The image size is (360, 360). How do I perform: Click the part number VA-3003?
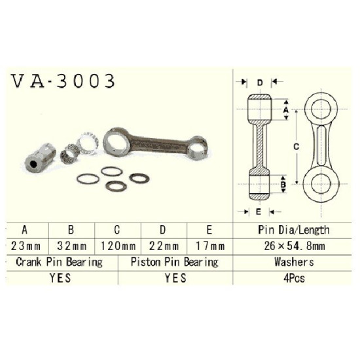[x=63, y=81]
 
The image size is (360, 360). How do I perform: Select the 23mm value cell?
[x=26, y=246]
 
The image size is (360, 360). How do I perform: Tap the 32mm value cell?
[x=72, y=246]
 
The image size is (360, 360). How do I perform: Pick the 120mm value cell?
[x=118, y=246]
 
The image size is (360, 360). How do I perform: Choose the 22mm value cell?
[x=164, y=246]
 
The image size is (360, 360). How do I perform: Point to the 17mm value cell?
[x=210, y=246]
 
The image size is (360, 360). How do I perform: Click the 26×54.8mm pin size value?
[x=295, y=246]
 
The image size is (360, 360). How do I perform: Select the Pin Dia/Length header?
[x=294, y=230]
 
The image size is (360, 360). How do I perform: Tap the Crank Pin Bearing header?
[x=59, y=262]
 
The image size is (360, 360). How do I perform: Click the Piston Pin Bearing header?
[x=175, y=262]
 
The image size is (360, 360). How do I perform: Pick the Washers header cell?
[x=294, y=262]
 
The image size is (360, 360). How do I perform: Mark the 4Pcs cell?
[x=294, y=278]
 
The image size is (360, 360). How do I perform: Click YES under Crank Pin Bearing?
[x=60, y=278]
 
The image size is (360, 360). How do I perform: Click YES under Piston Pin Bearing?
[x=175, y=278]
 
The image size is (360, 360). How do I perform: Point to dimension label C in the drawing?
[x=297, y=147]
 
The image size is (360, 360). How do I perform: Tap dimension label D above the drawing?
[x=260, y=82]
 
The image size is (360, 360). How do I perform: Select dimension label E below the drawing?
[x=259, y=211]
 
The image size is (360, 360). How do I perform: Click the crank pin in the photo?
[x=40, y=158]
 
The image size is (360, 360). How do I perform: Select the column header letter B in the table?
[x=71, y=230]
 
